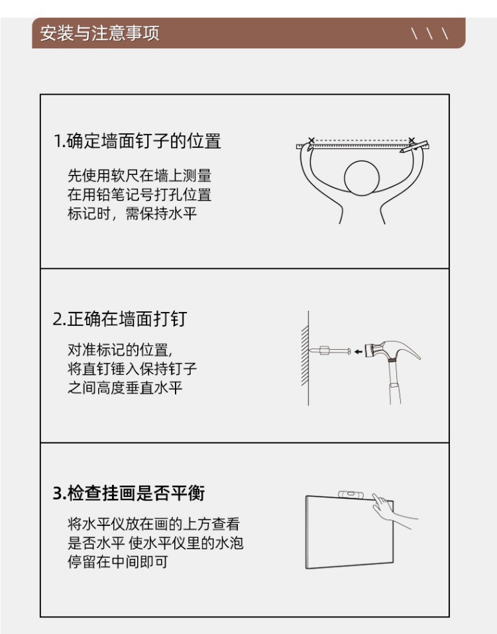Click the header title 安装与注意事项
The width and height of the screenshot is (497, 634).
coord(99,33)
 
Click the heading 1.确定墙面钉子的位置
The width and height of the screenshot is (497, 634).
coord(137,141)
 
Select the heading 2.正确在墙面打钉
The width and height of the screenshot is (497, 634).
coord(120,319)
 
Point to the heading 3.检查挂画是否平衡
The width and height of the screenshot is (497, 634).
coord(129,494)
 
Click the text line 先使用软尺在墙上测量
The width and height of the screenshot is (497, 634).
coord(140,176)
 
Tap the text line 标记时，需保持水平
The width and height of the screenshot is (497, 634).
coord(133,213)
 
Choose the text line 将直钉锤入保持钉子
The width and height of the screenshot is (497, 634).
coord(133,369)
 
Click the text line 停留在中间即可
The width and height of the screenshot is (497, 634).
coord(118,562)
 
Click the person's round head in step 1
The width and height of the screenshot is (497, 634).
coord(362,178)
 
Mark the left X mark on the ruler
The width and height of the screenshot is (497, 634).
coord(311,140)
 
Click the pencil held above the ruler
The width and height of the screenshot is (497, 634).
coord(414,146)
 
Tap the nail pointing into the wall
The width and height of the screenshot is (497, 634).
coord(329,350)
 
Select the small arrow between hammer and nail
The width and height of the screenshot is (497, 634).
coord(359,352)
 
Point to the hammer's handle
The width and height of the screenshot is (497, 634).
coord(394,382)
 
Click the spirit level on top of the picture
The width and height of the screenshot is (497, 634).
coord(351,494)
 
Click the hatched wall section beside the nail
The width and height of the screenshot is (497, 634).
coord(305,356)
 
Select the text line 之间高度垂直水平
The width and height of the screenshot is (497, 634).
coord(125,388)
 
